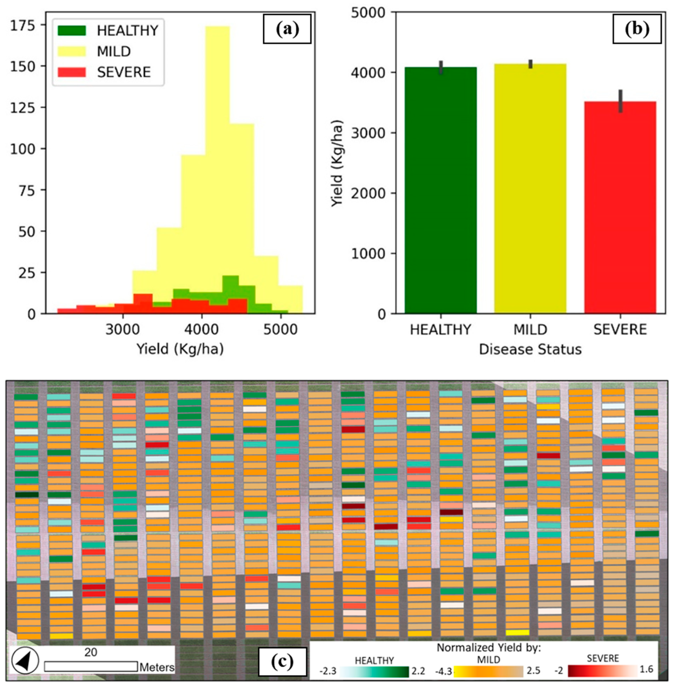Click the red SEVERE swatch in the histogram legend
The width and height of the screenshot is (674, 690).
pos(72,72)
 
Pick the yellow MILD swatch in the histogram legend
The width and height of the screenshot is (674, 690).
pos(72,52)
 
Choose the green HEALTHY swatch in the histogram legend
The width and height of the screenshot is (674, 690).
pos(72,31)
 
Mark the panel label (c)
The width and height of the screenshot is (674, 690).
pos(282,661)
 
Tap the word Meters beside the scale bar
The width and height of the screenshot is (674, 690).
pos(157,667)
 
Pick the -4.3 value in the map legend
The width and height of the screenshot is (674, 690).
pos(444,671)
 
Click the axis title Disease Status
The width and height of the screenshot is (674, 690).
pos(530,349)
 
